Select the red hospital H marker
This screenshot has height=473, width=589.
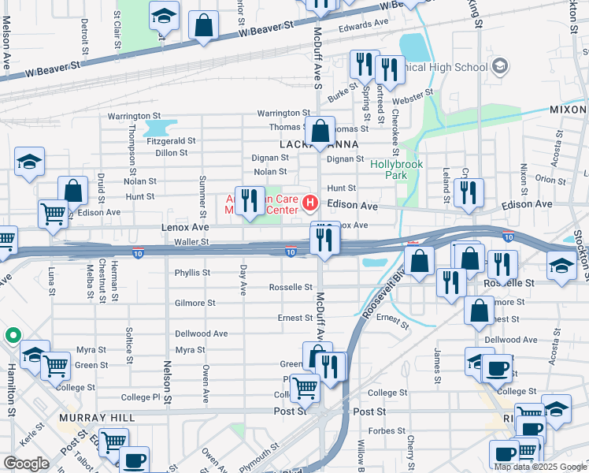310,204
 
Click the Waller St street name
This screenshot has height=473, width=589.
192,242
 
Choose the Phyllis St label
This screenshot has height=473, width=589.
192,273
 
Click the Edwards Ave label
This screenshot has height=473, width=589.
365,24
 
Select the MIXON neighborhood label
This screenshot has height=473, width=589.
568,110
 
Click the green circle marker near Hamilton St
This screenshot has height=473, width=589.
13,336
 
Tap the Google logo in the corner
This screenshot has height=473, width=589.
26,464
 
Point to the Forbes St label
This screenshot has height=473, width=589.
387,431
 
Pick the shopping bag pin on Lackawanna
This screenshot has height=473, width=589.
321,132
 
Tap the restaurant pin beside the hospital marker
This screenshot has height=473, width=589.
250,200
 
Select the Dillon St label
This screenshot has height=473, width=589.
171,153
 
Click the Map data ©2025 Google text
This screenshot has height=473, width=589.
539,467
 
